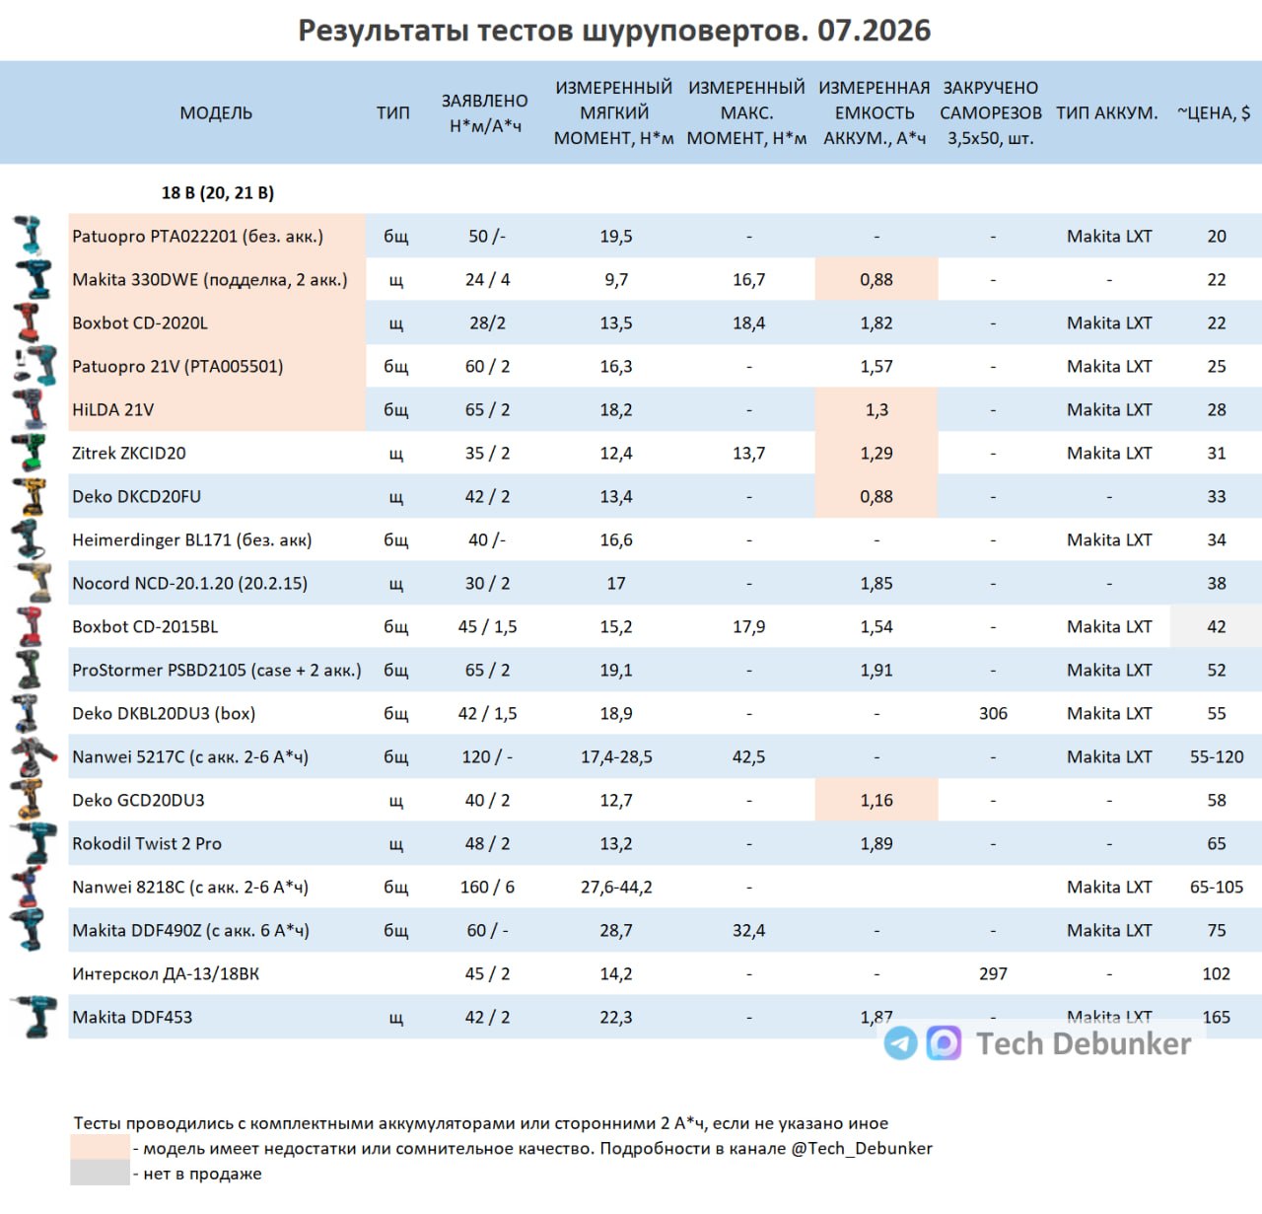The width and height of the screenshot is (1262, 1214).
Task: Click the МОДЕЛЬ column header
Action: [x=215, y=112]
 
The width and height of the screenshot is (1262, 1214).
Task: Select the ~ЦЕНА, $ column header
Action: [x=1214, y=112]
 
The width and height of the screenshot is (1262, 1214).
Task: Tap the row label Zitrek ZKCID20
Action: [x=128, y=453]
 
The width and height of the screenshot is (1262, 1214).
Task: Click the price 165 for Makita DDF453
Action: [x=1216, y=1017]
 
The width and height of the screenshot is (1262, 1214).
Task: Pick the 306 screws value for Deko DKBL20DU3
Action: [x=993, y=713]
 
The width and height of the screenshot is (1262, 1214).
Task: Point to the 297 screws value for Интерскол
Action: [x=993, y=973]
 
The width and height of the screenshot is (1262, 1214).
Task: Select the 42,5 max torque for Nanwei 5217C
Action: [x=748, y=756]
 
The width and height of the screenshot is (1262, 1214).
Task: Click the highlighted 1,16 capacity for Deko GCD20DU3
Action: [x=876, y=800]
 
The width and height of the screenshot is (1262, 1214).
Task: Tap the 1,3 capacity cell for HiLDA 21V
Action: [x=876, y=409]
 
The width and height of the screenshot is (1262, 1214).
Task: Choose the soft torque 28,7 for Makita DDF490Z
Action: [x=615, y=930]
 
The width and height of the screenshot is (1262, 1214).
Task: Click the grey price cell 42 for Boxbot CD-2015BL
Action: [x=1216, y=626]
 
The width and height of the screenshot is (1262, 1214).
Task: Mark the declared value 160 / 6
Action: [x=487, y=887]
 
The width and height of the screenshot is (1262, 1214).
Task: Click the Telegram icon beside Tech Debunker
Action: [x=901, y=1043]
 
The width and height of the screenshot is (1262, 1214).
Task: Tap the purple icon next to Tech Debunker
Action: [x=944, y=1043]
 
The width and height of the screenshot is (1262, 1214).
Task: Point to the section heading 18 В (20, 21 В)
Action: [x=218, y=192]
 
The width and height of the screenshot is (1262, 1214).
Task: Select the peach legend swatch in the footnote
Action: [x=100, y=1148]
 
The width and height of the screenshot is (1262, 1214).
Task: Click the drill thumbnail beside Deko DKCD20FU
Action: [x=31, y=496]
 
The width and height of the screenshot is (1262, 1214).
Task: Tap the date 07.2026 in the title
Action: [x=874, y=31]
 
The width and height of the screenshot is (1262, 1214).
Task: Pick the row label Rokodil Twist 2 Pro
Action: [x=147, y=843]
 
